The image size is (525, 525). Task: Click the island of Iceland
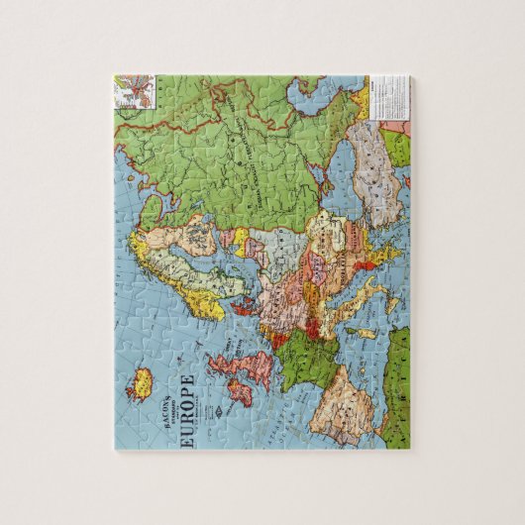(142, 380)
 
